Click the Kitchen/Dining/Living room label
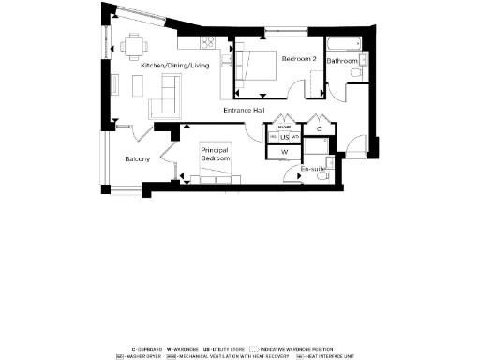(174, 66)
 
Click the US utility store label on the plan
(284, 137)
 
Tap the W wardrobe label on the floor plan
(284, 151)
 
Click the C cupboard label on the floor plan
(319, 127)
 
